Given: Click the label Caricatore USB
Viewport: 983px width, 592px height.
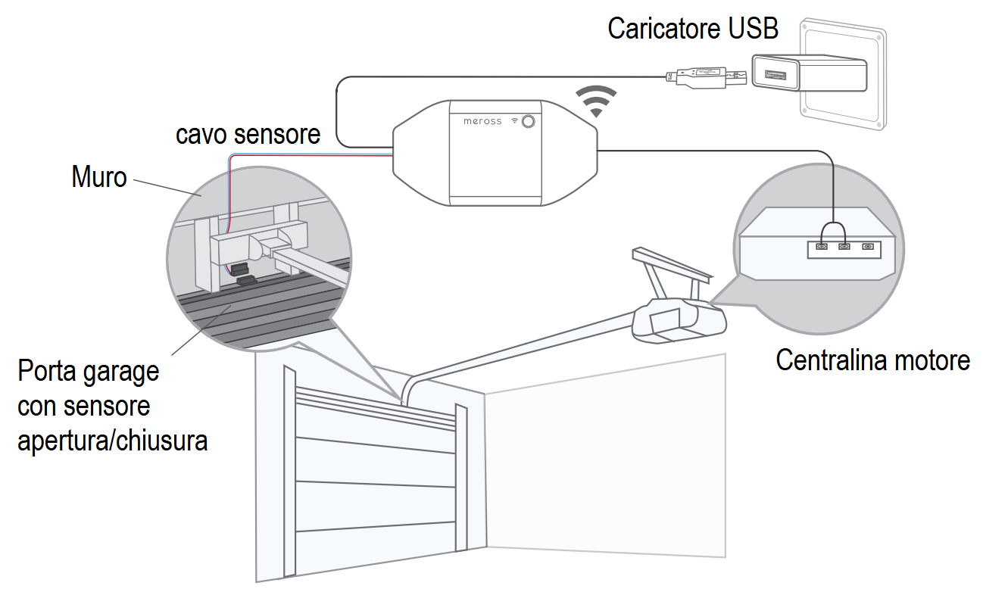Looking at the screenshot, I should click(692, 28).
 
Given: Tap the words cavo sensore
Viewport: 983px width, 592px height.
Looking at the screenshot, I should click(248, 134).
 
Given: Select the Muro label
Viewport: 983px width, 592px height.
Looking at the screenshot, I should click(99, 176).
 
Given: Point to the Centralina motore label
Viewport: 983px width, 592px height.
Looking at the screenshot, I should click(872, 360).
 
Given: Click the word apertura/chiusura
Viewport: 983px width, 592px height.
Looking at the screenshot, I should click(113, 440).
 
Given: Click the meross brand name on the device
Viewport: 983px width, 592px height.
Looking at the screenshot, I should click(482, 121).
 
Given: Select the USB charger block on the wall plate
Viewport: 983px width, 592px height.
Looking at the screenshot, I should click(807, 73).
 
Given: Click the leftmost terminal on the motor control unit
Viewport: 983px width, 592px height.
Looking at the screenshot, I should click(822, 247).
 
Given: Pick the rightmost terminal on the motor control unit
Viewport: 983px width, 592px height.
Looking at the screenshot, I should click(868, 247).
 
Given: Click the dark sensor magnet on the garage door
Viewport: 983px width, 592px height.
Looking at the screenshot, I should click(246, 281).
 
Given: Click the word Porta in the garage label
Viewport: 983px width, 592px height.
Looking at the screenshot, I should click(46, 372).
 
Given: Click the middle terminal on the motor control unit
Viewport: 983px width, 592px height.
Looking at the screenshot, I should click(845, 247).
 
